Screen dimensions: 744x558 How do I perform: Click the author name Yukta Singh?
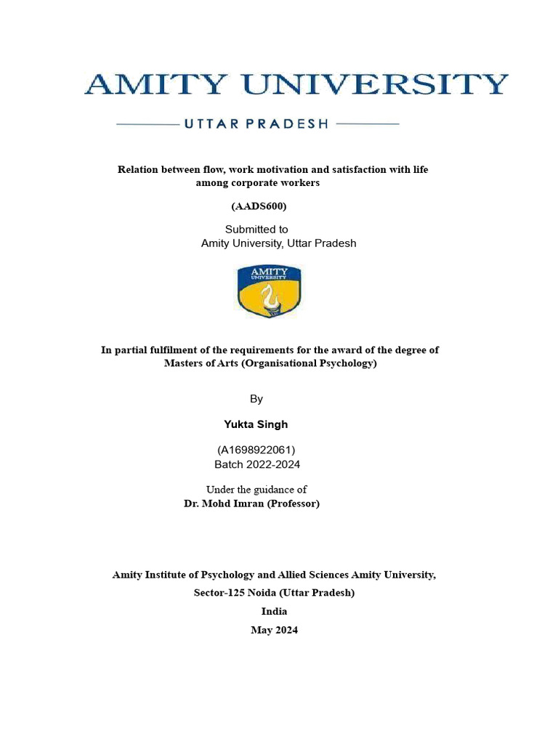pyautogui.click(x=255, y=424)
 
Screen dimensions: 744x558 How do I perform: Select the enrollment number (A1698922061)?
pyautogui.click(x=256, y=450)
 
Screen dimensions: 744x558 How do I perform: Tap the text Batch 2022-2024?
pyautogui.click(x=257, y=464)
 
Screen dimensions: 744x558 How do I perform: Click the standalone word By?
pyautogui.click(x=256, y=399)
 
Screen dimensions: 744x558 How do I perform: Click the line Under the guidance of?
pyautogui.click(x=256, y=490)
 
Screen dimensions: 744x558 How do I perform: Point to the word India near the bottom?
pyautogui.click(x=274, y=612)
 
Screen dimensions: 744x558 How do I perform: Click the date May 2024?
pyautogui.click(x=274, y=630)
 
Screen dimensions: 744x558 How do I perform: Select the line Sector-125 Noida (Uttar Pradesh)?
pyautogui.click(x=274, y=593)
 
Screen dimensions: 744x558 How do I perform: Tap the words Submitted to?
pyautogui.click(x=256, y=230)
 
